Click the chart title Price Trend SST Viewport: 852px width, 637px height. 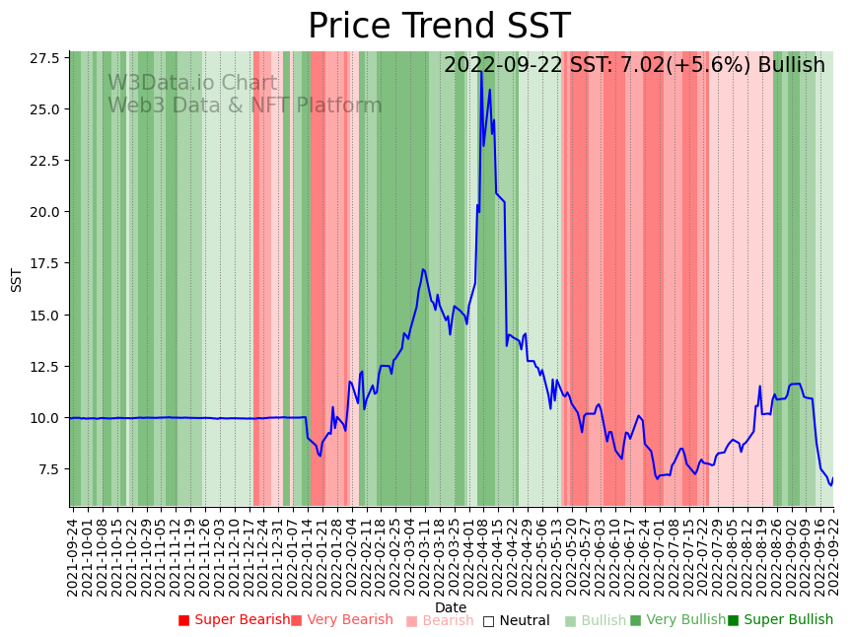439,27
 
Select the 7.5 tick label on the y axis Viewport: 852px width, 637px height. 48,469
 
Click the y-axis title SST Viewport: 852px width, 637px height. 17,279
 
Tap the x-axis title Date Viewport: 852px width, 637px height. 451,607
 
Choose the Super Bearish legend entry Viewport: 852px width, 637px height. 234,620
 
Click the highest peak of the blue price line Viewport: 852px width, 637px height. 481,69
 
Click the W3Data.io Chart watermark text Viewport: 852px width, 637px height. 192,84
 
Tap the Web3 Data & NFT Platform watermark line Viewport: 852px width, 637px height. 245,106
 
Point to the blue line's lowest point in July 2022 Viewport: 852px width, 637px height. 657,478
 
